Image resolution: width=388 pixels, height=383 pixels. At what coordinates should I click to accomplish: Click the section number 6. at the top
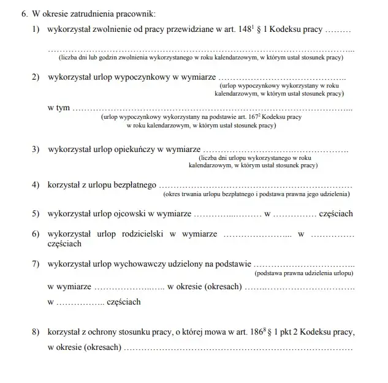click(x=25, y=13)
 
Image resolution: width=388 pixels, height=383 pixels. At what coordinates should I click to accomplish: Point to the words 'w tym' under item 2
click(x=58, y=108)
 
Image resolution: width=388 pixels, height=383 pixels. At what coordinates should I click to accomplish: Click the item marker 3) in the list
click(x=36, y=150)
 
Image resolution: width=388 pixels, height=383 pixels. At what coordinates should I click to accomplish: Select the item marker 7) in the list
click(x=36, y=264)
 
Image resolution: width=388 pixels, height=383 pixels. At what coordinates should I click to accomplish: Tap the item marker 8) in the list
click(x=36, y=332)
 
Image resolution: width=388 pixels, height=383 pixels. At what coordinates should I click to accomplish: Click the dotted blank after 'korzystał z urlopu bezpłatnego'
click(x=256, y=185)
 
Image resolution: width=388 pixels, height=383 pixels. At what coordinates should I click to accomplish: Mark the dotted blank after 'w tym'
click(x=212, y=109)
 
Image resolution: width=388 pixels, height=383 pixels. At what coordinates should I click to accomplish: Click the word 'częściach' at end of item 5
click(x=336, y=214)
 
